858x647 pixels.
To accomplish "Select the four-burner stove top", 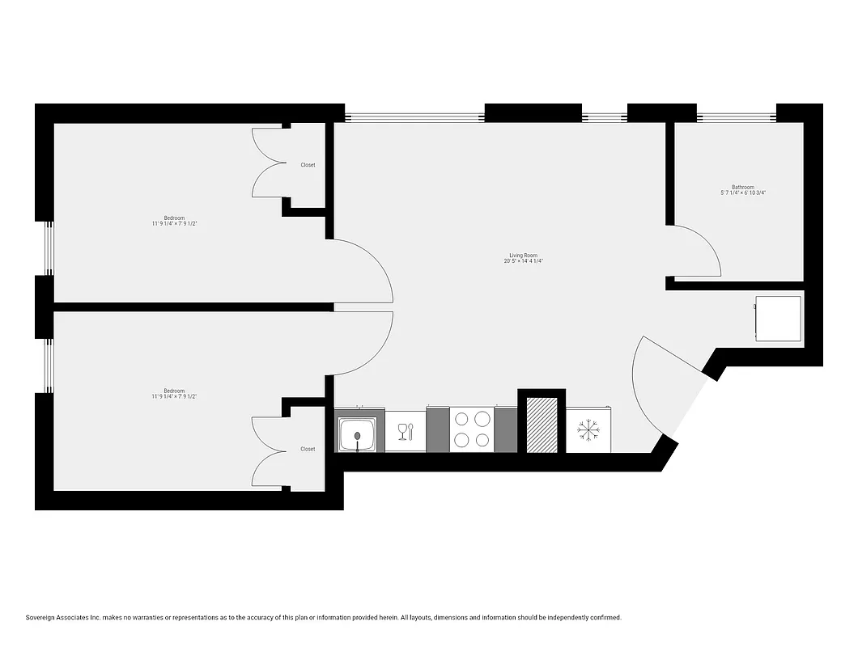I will pyautogui.click(x=471, y=429).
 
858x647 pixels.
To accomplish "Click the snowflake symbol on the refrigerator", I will pyautogui.click(x=588, y=431).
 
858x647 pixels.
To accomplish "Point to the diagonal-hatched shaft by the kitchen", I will pyautogui.click(x=542, y=425).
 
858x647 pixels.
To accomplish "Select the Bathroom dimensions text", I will pyautogui.click(x=742, y=193).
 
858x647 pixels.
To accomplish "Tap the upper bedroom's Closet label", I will pyautogui.click(x=308, y=165).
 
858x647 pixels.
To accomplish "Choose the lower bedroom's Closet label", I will pyautogui.click(x=308, y=449).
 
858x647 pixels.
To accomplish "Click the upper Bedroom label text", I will pyautogui.click(x=174, y=218).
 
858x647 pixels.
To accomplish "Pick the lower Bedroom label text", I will pyautogui.click(x=174, y=391).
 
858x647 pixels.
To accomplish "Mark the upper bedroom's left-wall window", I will pyautogui.click(x=49, y=247).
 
